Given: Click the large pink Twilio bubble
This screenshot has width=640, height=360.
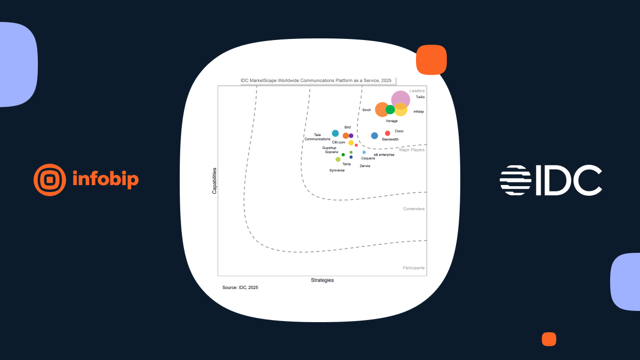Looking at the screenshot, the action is pos(401,100).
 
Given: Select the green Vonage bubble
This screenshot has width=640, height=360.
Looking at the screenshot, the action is pos(390,109).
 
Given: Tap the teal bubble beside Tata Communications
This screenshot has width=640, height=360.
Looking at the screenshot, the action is pos(335,133).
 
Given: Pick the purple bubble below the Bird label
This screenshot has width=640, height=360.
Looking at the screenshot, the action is pos(351,135).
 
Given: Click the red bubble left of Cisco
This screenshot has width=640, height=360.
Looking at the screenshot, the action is pos(387,133).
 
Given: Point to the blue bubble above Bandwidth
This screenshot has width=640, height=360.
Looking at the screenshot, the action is pos(374,135).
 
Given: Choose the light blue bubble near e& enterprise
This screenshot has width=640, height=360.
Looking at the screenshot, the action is pos(364,153).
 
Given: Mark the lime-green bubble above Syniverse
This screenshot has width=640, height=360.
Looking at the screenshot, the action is pos(338,159).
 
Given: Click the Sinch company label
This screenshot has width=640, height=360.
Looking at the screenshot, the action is pos(366,110).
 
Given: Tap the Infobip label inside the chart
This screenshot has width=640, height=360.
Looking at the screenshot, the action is pos(419,111).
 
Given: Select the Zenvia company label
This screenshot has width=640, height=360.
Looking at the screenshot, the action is pos(365,166).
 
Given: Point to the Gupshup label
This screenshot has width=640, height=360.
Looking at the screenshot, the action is pos(329,148).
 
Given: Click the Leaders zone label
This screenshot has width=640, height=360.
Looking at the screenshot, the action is pos(417,91).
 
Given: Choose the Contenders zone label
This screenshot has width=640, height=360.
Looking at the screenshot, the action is pos(414,209).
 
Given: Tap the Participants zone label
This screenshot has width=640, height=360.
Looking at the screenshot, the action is pos(414,268).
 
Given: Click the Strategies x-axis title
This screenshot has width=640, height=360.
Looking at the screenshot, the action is pos(322,281).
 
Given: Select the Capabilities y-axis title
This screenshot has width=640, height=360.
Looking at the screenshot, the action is pos(214,181).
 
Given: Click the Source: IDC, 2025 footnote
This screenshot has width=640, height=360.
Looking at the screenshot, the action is pos(241,287).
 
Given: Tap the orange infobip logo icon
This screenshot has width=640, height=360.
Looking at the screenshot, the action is pos(50,180).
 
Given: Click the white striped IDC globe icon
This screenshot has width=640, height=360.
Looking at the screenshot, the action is pos(515,180).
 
